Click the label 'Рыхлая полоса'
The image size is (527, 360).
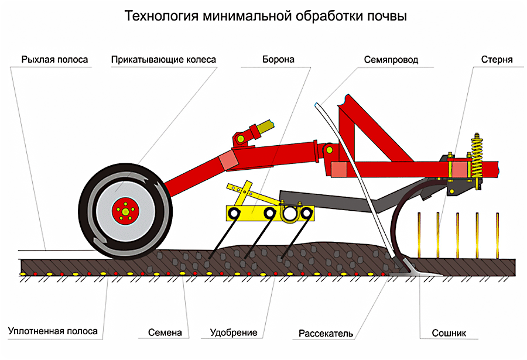click(54, 60)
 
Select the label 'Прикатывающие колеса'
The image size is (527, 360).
click(163, 60)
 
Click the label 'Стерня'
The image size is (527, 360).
click(497, 60)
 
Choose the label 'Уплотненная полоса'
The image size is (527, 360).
click(53, 331)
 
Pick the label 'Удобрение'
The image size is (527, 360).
click(234, 333)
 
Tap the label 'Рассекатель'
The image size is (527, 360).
click(326, 334)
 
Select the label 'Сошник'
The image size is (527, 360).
click(449, 333)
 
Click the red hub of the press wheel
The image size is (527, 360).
click(123, 210)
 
